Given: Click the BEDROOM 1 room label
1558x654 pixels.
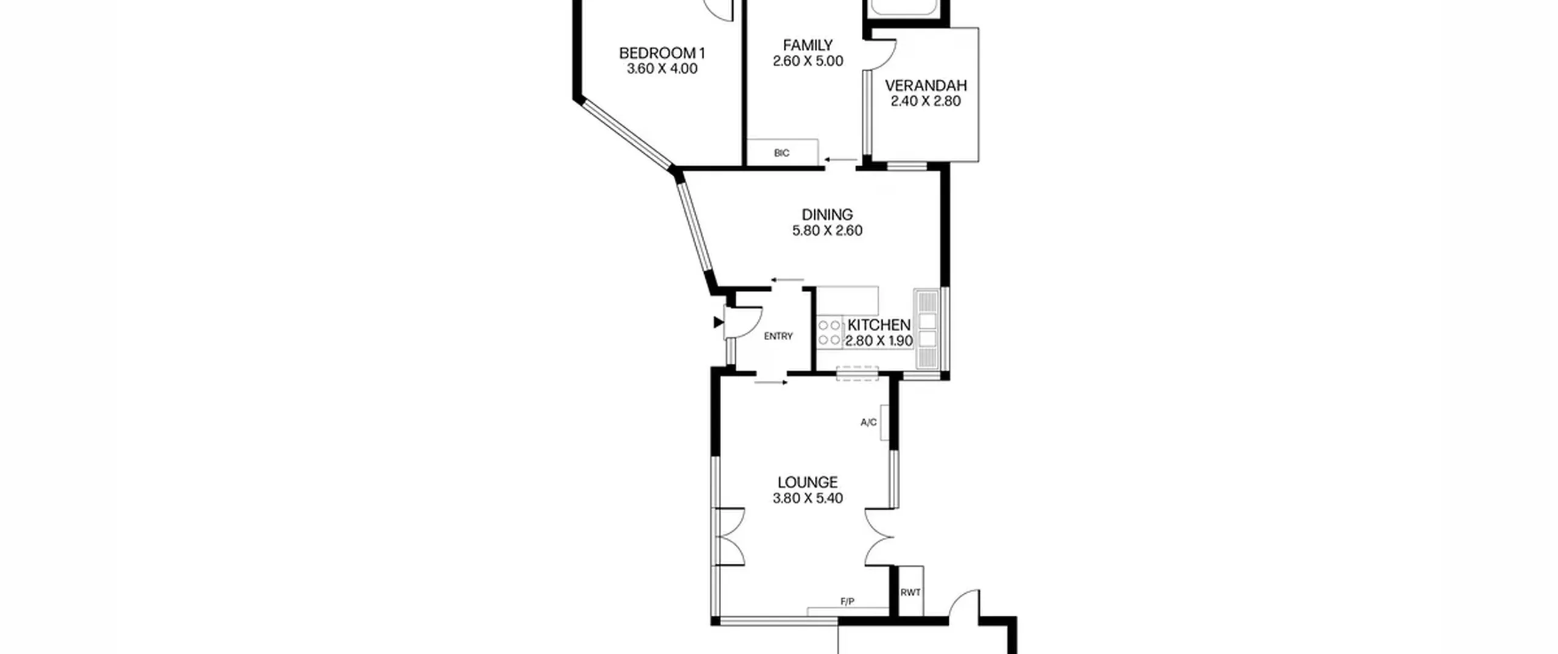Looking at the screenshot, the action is point(662,53).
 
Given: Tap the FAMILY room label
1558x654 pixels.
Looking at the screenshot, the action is point(808,45).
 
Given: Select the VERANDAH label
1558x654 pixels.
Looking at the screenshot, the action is point(926,86).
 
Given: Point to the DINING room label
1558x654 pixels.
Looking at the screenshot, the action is point(827,215).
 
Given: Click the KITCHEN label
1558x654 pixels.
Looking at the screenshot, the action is point(879,325).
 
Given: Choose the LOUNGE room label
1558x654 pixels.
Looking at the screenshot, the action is point(808,482).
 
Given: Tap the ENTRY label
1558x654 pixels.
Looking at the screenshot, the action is point(778,336).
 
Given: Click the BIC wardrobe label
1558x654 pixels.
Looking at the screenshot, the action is point(781,153).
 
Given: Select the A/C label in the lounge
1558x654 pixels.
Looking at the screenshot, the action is point(868,422).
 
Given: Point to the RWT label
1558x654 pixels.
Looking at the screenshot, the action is point(910,593).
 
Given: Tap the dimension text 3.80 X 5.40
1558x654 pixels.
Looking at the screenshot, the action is point(808,498).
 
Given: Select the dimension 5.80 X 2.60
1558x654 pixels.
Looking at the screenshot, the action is point(827,231).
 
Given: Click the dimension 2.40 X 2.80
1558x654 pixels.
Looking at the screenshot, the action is point(926,101).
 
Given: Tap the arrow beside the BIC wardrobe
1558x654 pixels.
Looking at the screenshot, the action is point(841,160).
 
